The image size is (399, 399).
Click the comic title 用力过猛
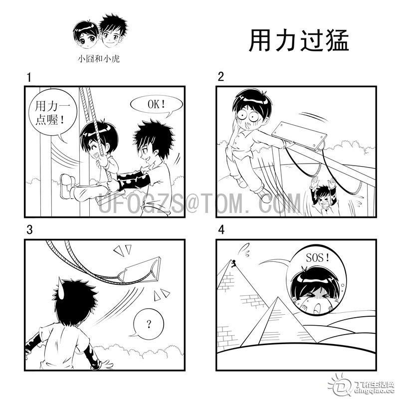tap(298, 41)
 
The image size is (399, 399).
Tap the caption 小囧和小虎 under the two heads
tap(99, 59)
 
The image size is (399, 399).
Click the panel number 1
tap(29, 77)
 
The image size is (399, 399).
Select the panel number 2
tap(221, 77)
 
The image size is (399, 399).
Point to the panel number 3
tap(29, 229)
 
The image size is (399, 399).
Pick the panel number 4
tap(221, 229)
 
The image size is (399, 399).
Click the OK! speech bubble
tap(157, 105)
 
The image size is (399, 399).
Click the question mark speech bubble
tap(148, 324)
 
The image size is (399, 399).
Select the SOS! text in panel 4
tap(318, 258)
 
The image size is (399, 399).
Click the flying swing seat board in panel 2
tap(299, 136)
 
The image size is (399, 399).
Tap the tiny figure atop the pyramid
tap(234, 263)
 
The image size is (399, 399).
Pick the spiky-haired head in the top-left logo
tap(113, 31)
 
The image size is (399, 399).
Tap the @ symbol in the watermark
tap(193, 203)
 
